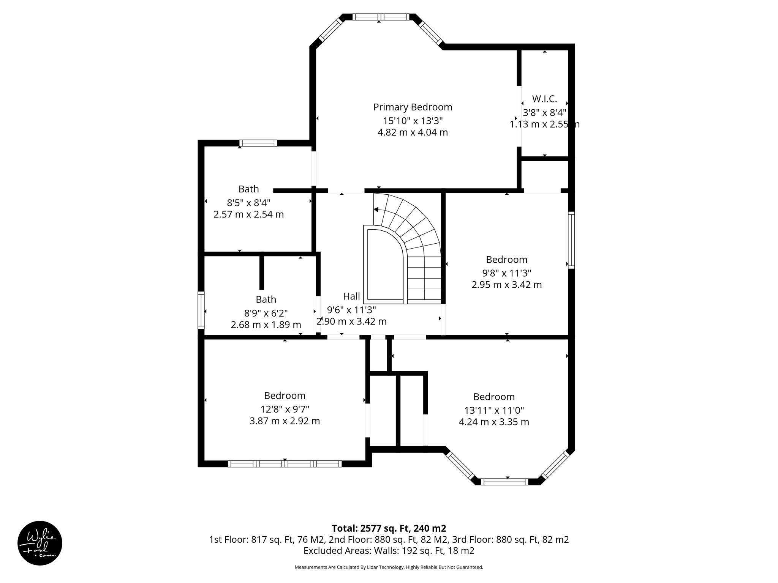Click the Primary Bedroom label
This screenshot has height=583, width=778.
click(x=413, y=107)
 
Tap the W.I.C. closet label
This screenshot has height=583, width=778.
click(x=544, y=99)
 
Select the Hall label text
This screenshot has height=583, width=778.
click(x=351, y=296)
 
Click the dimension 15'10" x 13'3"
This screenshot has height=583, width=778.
click(x=413, y=121)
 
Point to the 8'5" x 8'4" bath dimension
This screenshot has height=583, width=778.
click(x=248, y=202)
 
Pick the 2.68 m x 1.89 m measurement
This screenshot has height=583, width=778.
click(x=266, y=325)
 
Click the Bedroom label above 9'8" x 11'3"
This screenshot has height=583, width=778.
click(x=506, y=260)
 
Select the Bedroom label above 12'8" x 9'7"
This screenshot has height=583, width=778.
click(x=285, y=395)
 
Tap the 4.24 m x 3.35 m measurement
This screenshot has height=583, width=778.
click(x=494, y=422)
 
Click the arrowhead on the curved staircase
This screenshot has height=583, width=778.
click(x=376, y=209)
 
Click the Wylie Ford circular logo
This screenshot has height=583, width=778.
click(x=40, y=543)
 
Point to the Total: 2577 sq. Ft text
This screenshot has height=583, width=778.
click(x=389, y=528)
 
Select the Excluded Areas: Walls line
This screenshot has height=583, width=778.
click(x=389, y=550)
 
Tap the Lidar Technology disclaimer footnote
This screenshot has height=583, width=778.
click(x=389, y=567)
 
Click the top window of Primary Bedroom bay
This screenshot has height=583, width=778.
click(x=381, y=17)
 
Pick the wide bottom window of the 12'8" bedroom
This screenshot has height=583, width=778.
click(x=285, y=464)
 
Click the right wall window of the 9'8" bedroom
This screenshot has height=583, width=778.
click(x=571, y=240)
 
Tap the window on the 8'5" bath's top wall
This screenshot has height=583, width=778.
click(x=258, y=143)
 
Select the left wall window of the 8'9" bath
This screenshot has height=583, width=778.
click(x=201, y=310)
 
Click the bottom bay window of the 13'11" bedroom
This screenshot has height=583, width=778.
click(x=504, y=482)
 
